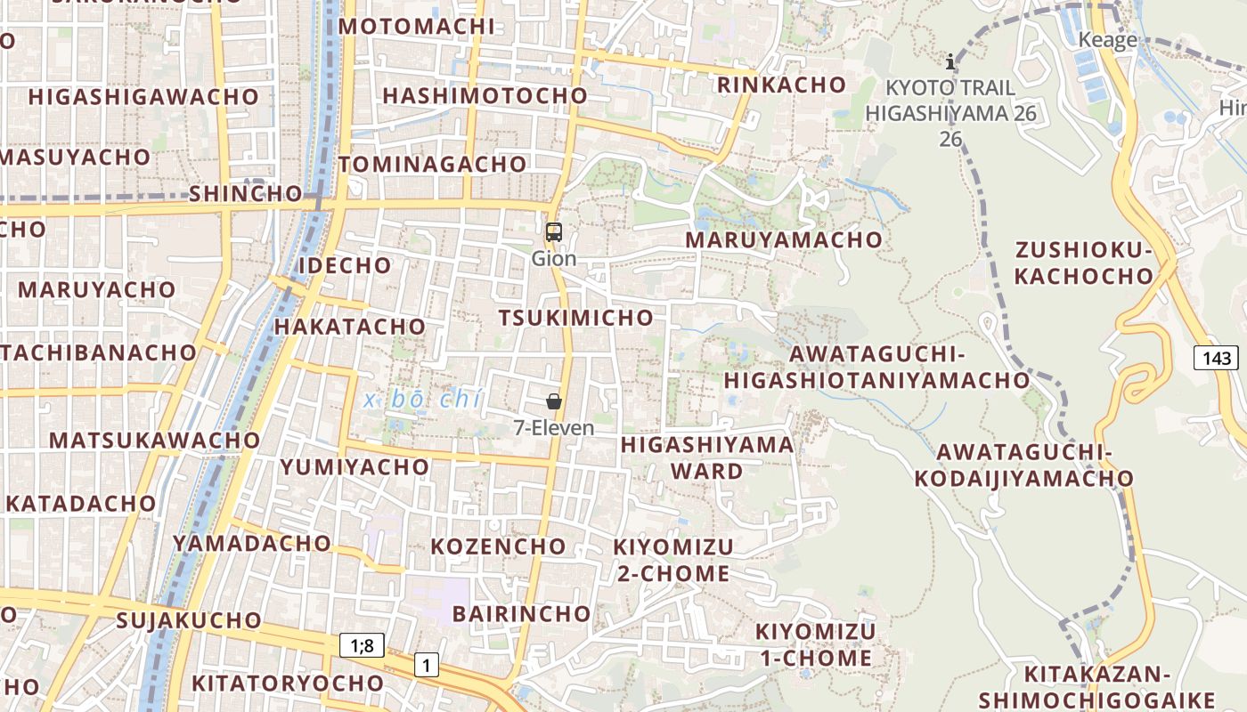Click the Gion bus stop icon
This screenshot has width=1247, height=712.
click(x=554, y=233)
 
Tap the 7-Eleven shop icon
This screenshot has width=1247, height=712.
click(x=554, y=401)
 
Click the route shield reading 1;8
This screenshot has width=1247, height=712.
click(x=362, y=645)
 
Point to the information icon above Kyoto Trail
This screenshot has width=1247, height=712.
click(x=950, y=61)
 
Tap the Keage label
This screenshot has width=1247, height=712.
click(x=1107, y=40)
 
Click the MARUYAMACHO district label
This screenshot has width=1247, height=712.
click(x=783, y=239)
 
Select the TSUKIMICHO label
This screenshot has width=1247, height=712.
click(x=575, y=318)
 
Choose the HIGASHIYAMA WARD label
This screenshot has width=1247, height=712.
click(x=707, y=457)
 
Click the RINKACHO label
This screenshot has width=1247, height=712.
click(x=781, y=85)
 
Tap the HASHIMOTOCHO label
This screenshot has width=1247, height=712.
click(x=485, y=95)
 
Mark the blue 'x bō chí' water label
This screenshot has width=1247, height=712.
click(x=422, y=400)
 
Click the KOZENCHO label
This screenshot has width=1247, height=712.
click(x=498, y=546)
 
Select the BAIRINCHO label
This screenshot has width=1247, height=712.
click(x=521, y=613)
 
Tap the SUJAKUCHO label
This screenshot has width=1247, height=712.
click(x=189, y=620)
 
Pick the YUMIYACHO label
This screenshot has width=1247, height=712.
click(x=355, y=467)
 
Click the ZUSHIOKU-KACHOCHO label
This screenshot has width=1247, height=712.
click(x=1083, y=263)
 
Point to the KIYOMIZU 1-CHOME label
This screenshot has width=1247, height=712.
click(x=815, y=645)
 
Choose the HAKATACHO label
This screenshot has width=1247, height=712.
click(x=350, y=327)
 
